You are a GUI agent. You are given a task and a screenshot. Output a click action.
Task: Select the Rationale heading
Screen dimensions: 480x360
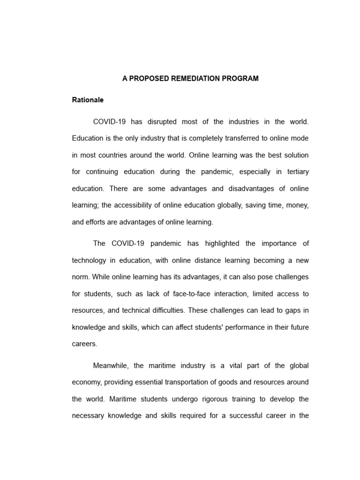tap(88, 100)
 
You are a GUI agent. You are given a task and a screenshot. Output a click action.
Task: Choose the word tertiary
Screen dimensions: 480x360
tap(295, 172)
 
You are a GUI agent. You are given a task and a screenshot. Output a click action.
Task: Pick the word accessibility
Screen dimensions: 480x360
tap(147, 205)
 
